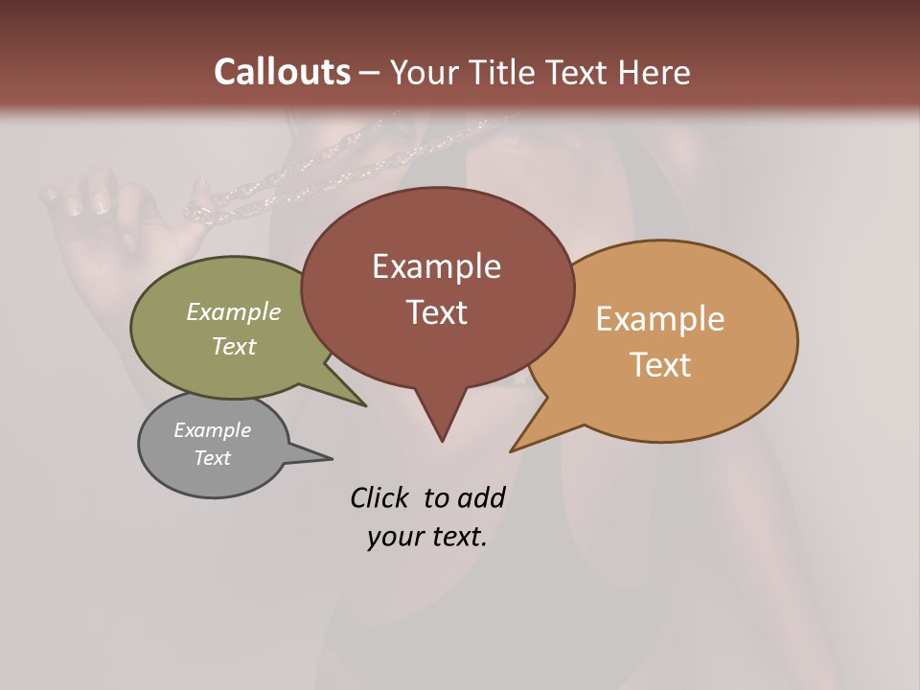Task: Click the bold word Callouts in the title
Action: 282,72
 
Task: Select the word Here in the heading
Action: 655,72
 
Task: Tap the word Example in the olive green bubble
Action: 233,312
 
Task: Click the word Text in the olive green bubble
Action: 233,346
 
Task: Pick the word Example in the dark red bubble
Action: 436,266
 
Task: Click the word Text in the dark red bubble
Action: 436,312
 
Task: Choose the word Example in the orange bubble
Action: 659,319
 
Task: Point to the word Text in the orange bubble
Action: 660,365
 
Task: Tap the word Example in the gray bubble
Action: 212,430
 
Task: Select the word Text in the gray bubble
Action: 212,458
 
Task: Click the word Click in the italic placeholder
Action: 379,497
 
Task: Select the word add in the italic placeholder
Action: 480,497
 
